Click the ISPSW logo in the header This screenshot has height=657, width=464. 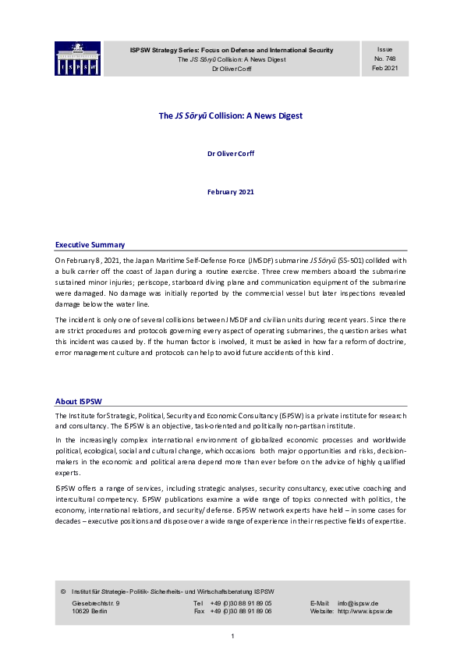[x=78, y=58]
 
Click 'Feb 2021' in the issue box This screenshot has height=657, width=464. [x=385, y=69]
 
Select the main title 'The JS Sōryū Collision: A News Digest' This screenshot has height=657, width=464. [x=230, y=115]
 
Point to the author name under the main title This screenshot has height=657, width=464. [x=230, y=154]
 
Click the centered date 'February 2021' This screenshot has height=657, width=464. [x=230, y=191]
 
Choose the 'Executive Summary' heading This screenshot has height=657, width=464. [x=90, y=244]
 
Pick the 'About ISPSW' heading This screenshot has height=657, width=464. [x=78, y=401]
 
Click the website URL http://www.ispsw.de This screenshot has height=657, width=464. [x=364, y=611]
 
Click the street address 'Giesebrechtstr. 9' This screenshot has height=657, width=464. [x=96, y=603]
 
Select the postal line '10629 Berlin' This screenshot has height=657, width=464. [x=90, y=611]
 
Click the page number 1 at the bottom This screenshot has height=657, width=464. [x=232, y=637]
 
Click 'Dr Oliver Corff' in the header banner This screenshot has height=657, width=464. [x=231, y=69]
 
